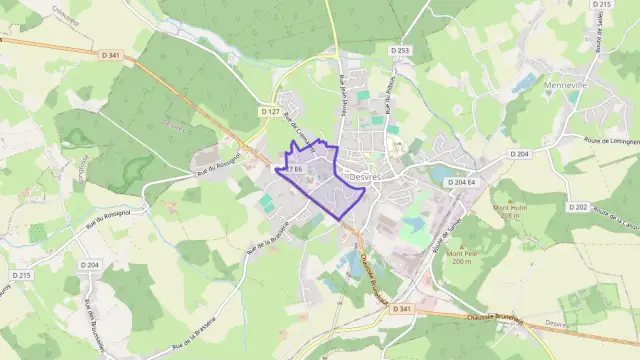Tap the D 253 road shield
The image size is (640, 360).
[x=401, y=50]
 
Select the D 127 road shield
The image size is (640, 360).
[x=270, y=112]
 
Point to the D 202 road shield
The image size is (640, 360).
[x=577, y=207]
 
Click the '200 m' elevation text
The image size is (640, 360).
[x=460, y=261]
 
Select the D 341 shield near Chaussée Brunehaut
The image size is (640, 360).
[x=402, y=309]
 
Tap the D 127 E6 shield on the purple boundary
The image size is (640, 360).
[x=291, y=170]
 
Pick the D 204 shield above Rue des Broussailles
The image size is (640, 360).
[x=91, y=265]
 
